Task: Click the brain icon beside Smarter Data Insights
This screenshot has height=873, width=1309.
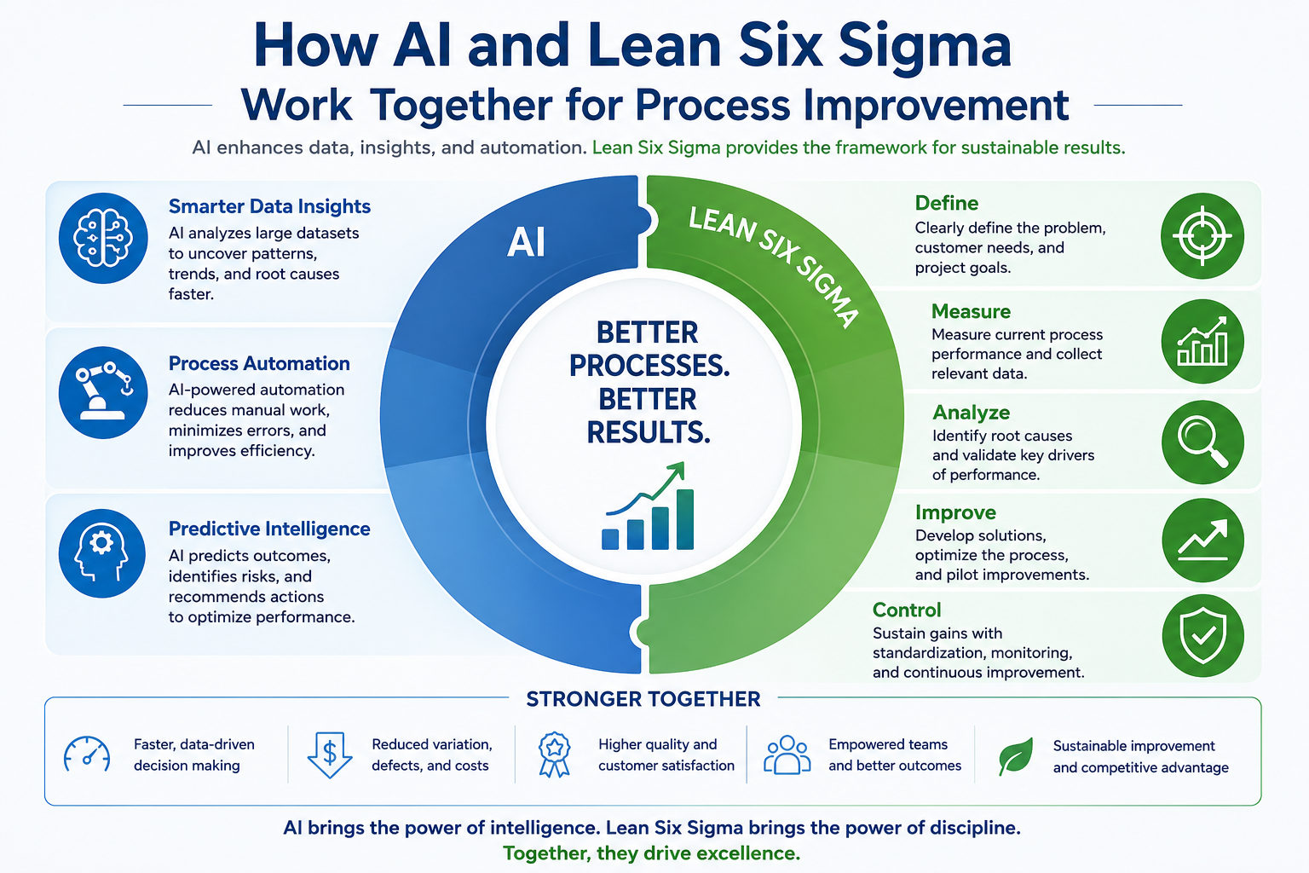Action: point(103,238)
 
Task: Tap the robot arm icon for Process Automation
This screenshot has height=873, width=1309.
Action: point(103,392)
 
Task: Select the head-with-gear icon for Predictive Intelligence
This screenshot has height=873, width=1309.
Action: point(101,553)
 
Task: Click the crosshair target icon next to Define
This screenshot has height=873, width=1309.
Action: point(1202,235)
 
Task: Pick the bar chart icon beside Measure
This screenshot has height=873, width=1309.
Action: point(1202,342)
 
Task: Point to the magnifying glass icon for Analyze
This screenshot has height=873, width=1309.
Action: point(1202,442)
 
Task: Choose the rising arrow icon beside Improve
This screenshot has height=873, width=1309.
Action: point(1202,541)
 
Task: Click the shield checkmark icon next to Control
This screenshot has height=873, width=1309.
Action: point(1202,636)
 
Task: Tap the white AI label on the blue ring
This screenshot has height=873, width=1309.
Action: point(526,242)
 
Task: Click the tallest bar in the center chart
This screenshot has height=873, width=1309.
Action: point(685,519)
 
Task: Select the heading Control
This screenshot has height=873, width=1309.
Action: point(907,610)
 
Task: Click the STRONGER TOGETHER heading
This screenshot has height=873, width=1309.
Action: point(643,699)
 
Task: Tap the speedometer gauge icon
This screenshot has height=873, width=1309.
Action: point(87,754)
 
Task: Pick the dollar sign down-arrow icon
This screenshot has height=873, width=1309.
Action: point(330,754)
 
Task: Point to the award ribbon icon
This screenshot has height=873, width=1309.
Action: point(554,754)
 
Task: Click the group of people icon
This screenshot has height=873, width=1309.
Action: point(787,754)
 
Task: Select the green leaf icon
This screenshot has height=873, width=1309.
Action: point(1016,756)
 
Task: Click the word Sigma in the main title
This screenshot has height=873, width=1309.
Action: point(925,47)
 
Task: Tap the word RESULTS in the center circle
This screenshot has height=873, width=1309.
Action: point(648,433)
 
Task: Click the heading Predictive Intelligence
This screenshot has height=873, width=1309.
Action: point(269,529)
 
